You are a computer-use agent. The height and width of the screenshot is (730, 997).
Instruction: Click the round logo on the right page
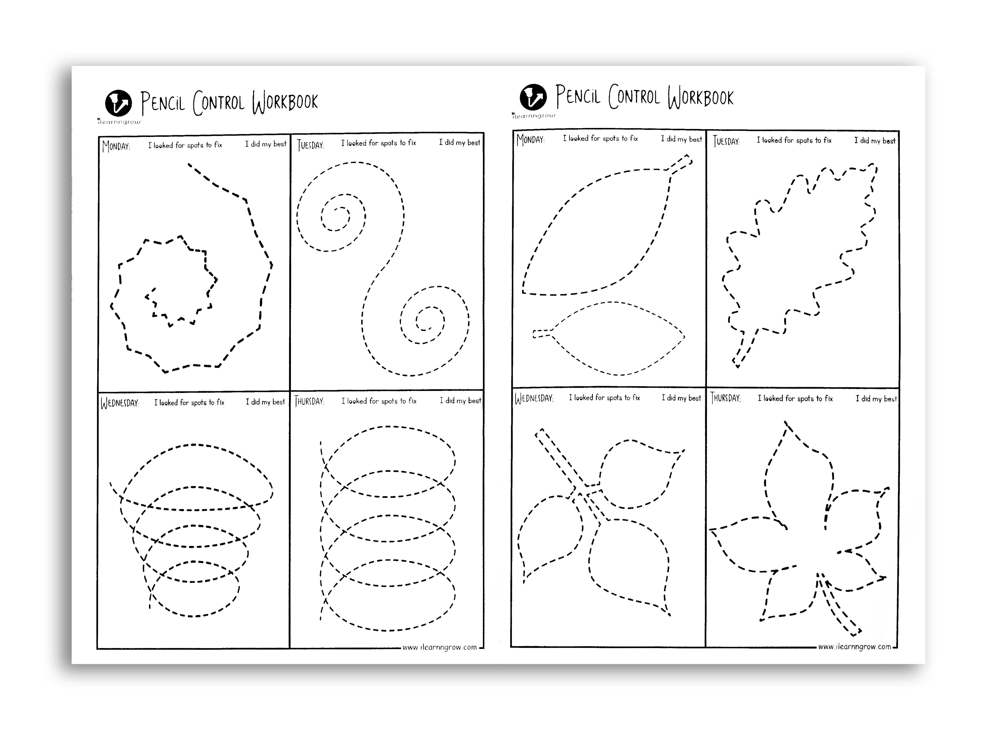click(533, 97)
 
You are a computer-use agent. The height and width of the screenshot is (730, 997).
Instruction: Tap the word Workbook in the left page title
click(285, 102)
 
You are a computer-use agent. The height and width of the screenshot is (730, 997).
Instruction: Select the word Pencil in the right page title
click(578, 95)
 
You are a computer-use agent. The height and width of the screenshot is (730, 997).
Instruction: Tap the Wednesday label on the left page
click(120, 403)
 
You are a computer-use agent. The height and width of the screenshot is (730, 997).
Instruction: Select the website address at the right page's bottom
click(855, 646)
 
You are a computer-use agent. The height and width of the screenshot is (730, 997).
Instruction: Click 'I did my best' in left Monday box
click(266, 144)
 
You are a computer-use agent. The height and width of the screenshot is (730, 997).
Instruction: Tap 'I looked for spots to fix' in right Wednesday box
click(604, 398)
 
